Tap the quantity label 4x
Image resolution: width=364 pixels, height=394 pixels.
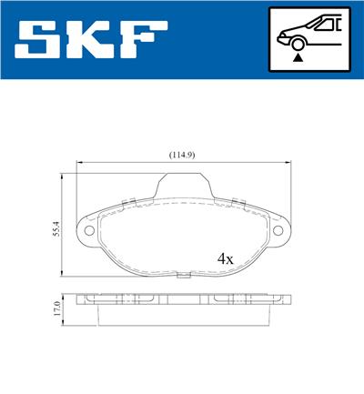click(x=226, y=258)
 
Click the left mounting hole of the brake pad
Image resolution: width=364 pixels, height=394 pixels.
click(x=90, y=229)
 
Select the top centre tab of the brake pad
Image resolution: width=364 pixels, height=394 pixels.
click(x=186, y=182)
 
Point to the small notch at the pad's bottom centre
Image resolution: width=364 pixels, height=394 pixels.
click(x=186, y=272)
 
